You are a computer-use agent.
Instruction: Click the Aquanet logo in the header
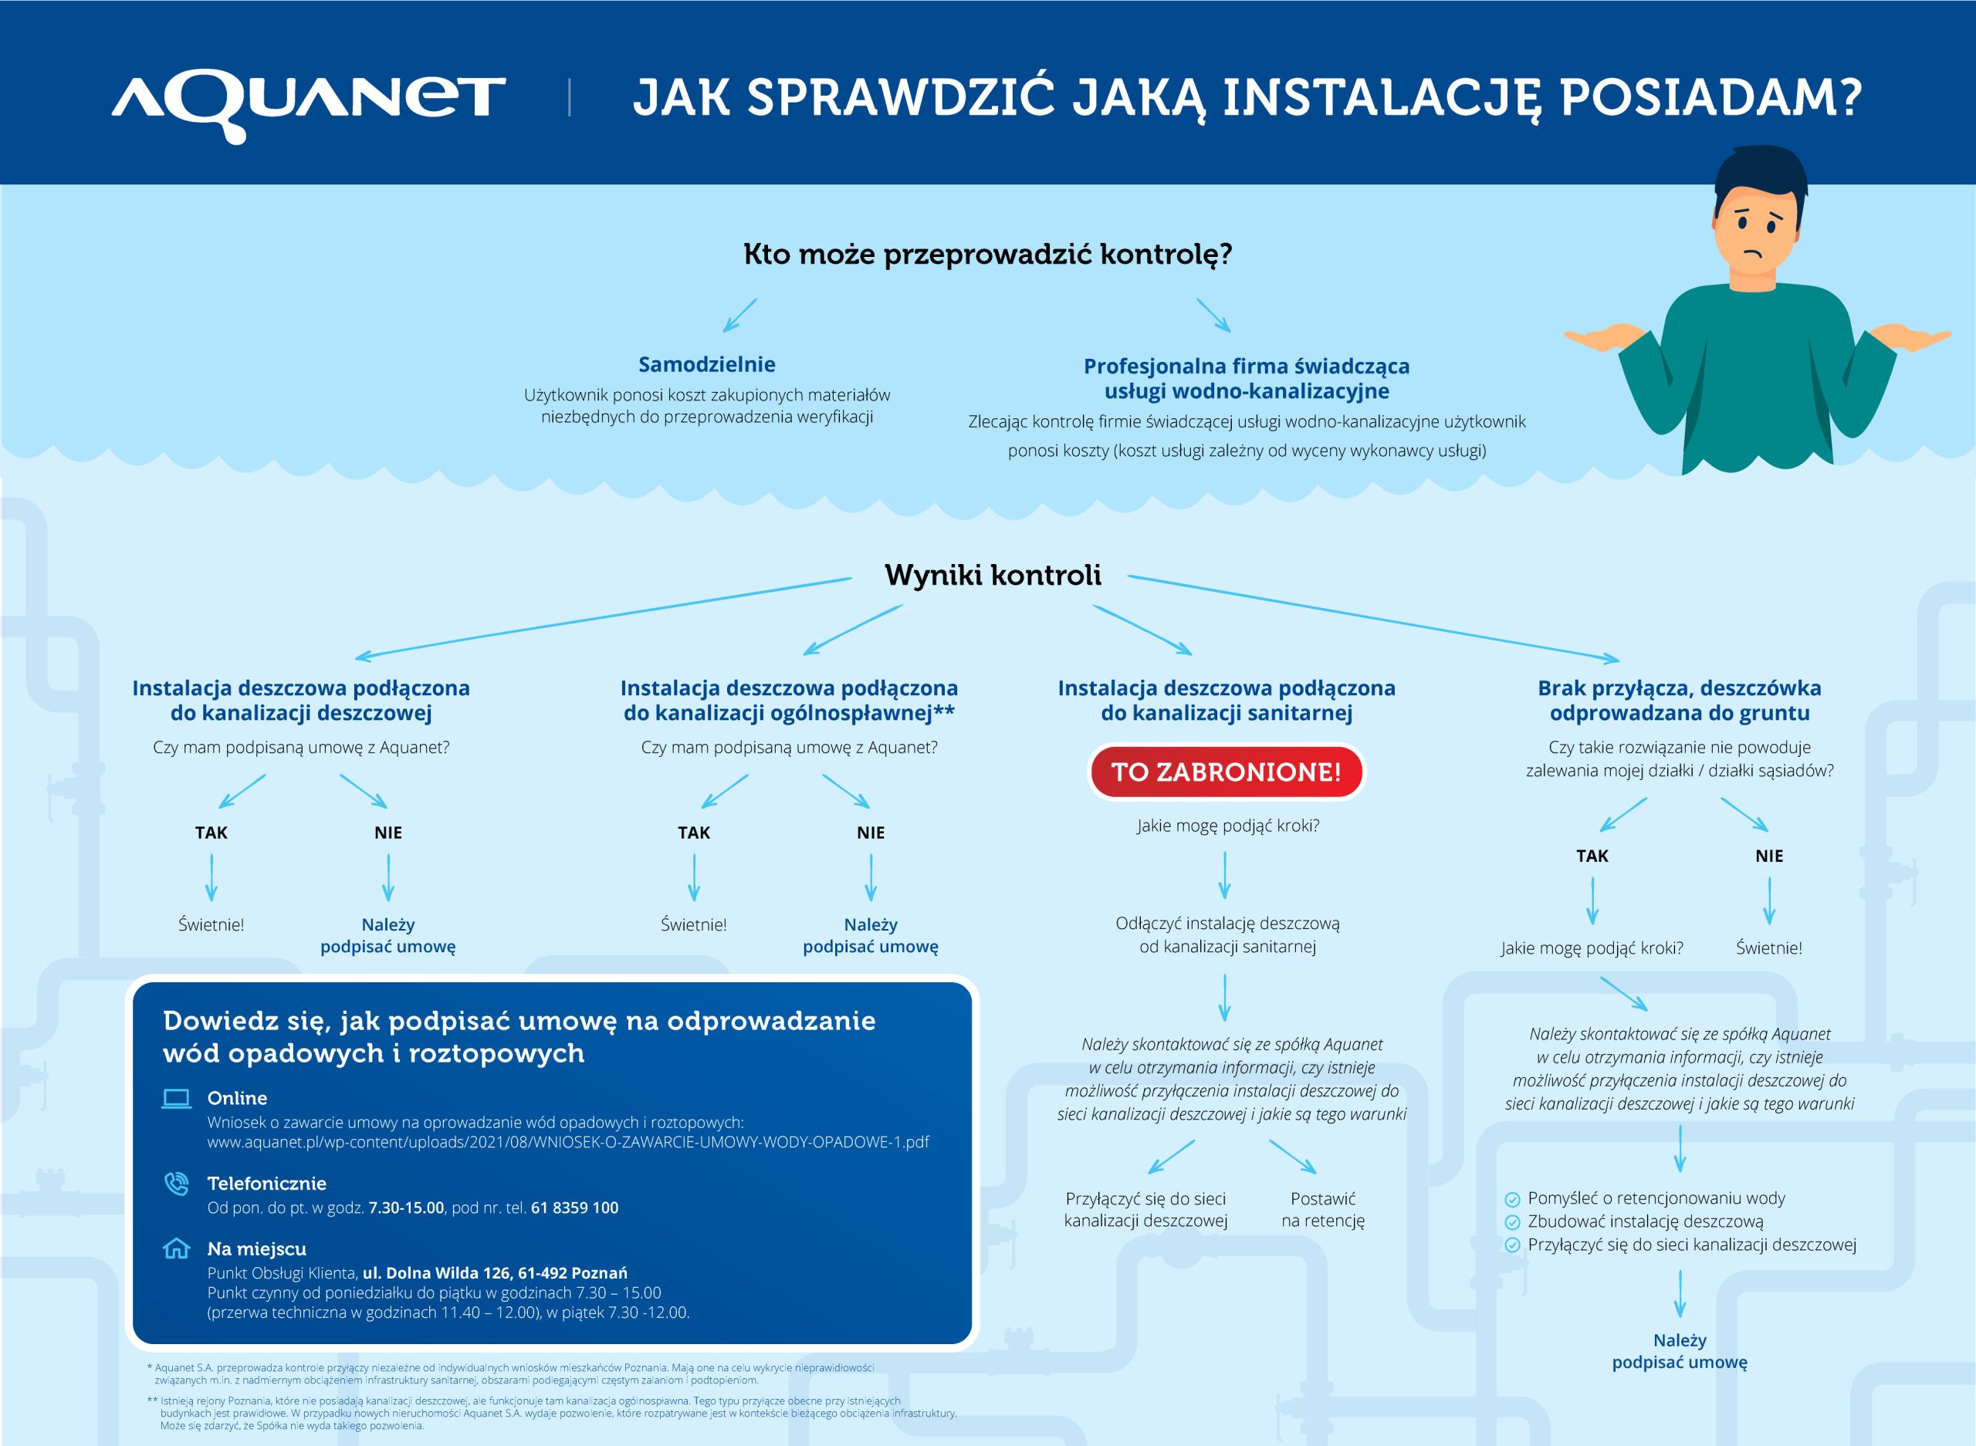[x=308, y=103]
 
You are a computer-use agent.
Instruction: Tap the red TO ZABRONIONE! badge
[x=1226, y=772]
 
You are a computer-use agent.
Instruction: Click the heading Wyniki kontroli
[x=992, y=575]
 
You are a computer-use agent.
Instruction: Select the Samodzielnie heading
[x=706, y=364]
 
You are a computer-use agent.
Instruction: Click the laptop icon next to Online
[x=177, y=1099]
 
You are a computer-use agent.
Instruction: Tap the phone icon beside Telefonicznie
[x=177, y=1184]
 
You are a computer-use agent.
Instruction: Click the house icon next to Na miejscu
[x=177, y=1248]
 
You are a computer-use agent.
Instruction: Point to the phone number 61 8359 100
[x=574, y=1208]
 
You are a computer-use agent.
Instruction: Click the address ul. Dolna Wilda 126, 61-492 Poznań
[x=495, y=1272]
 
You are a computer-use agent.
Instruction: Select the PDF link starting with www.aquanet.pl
[x=567, y=1142]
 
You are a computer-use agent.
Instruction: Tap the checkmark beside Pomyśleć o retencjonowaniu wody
[x=1512, y=1199]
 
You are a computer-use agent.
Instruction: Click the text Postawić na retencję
[x=1322, y=1210]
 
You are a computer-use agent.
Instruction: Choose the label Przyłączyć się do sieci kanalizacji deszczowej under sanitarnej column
[x=1145, y=1210]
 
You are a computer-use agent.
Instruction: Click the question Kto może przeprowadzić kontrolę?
[x=987, y=254]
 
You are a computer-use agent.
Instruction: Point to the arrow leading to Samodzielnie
[x=739, y=315]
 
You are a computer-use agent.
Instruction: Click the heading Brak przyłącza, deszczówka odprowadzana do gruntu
[x=1679, y=701]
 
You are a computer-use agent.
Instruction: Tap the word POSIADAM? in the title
[x=1710, y=97]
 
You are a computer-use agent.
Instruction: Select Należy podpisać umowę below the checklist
[x=1679, y=1350]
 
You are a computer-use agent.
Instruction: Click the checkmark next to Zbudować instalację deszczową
[x=1512, y=1222]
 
